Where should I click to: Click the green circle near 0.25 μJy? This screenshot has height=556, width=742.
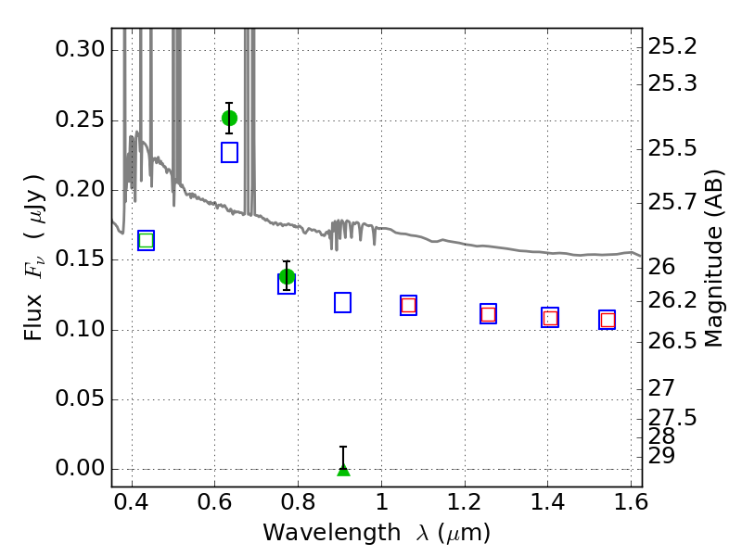point(229,119)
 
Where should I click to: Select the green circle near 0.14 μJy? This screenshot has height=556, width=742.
point(287,276)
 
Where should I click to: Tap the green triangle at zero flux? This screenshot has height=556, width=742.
point(343,470)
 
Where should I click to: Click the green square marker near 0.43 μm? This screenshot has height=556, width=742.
point(147,240)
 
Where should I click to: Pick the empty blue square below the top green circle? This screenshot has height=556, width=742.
point(229,153)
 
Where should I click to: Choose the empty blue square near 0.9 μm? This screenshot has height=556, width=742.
point(342,303)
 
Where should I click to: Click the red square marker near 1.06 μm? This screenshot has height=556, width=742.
point(408,305)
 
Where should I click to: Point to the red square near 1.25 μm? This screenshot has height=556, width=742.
point(489,314)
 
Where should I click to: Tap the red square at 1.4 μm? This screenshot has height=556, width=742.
point(550,318)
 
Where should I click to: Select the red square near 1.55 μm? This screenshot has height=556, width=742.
point(608,320)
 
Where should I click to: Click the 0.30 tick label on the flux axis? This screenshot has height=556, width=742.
point(80,49)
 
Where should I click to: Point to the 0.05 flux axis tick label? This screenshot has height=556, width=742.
point(80,398)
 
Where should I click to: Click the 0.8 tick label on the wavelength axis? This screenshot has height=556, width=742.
point(298,502)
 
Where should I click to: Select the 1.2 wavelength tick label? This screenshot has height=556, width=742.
point(465,502)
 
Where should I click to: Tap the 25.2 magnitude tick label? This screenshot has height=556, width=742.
point(672,47)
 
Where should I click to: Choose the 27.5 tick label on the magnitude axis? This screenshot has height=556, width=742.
point(672,418)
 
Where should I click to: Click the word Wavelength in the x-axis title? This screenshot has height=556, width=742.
point(332,533)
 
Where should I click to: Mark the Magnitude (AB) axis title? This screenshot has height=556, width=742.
point(714,259)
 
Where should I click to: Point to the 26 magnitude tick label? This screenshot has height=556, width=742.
point(661,267)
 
